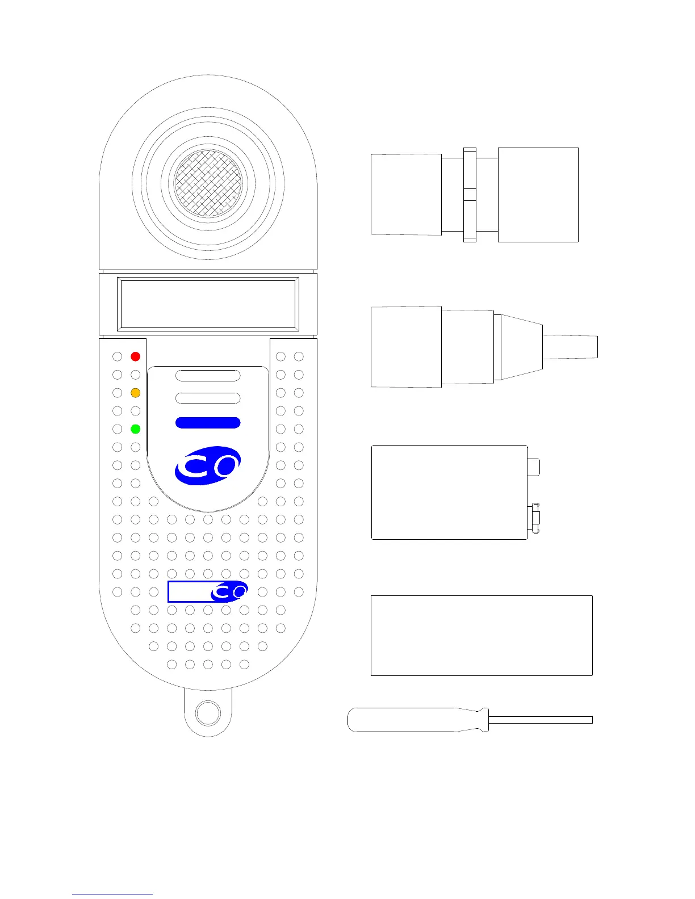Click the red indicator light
pos(135,356)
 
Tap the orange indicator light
pos(135,393)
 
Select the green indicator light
pos(135,429)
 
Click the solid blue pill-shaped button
pos(208,423)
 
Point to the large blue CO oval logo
pos(207,466)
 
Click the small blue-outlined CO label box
pos(207,591)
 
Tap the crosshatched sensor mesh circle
pos(208,183)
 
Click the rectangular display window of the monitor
pos(208,304)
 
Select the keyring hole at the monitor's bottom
pos(207,713)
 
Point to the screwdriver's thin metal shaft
pos(539,720)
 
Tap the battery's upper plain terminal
pos(534,467)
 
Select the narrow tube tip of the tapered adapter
pos(571,346)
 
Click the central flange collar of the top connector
pos(470,195)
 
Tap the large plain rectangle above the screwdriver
pos(482,635)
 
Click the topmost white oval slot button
pos(208,375)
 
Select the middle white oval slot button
pos(208,398)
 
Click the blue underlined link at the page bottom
pos(112,893)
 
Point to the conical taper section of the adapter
pos(521,346)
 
